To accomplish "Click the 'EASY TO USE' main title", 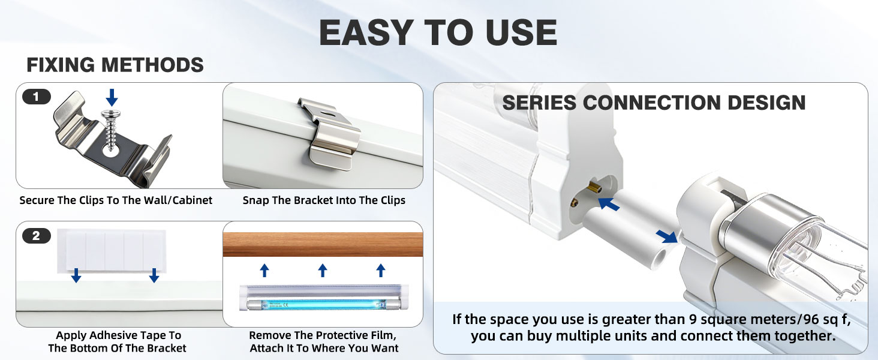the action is [x=438, y=32].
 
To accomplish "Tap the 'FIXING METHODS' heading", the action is [x=115, y=65].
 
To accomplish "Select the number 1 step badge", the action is [x=37, y=97].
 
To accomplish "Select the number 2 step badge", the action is [x=37, y=236].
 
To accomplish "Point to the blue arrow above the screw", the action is [x=112, y=97].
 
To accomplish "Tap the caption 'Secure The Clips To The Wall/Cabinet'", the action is [x=116, y=200].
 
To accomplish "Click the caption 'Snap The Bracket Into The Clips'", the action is [x=324, y=200].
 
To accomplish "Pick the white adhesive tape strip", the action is [x=112, y=251].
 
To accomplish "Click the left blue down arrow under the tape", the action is [x=76, y=275].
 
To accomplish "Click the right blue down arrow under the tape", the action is [x=154, y=275].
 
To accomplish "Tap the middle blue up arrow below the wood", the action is [x=323, y=271].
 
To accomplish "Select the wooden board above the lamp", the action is [x=323, y=244].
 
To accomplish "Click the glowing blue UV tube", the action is [x=323, y=304].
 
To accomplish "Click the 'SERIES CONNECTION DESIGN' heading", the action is [x=654, y=103].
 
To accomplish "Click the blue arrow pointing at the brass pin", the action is [x=609, y=204].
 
